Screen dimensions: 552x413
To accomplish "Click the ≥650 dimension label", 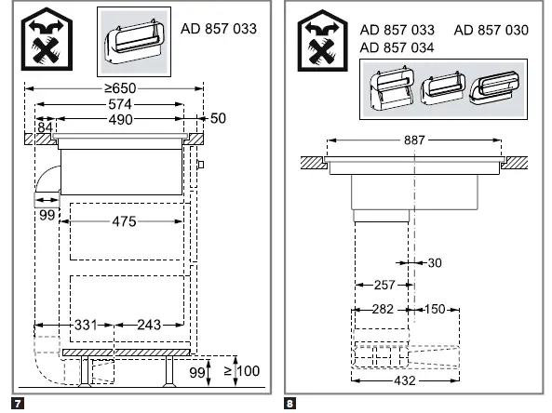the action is pos(120,88).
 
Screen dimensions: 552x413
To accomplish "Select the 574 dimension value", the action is pos(120,104).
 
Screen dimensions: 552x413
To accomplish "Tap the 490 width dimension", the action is pos(120,120).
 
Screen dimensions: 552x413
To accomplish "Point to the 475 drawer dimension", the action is pos(124,221).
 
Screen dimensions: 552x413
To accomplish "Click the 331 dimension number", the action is pos(86,325).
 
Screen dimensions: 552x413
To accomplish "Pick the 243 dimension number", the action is pos(149,325).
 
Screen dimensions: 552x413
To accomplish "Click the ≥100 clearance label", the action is pos(242,371).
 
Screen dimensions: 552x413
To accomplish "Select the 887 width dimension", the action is pos(414,140).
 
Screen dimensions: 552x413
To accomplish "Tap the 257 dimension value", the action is pos(384,285).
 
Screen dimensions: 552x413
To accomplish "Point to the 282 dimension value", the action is pos(383,309).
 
